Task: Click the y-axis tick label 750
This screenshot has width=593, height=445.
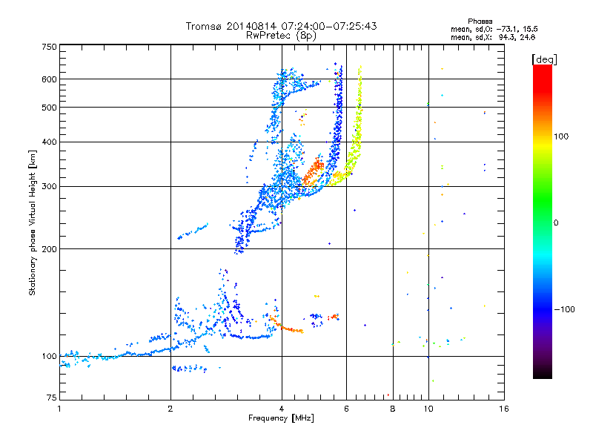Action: [49, 47]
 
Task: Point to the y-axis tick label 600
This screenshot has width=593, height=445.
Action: [49, 79]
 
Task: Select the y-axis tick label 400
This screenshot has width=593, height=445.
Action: [49, 142]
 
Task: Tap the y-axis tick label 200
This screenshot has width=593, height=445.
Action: [49, 248]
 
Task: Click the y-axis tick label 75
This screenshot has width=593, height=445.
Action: [51, 399]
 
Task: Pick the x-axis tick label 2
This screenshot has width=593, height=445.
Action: [170, 409]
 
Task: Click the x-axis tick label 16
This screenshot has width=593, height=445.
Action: [503, 409]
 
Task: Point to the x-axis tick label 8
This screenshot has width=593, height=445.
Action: [393, 409]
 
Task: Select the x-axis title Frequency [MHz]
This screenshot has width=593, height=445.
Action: [280, 418]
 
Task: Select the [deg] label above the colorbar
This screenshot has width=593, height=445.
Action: [544, 59]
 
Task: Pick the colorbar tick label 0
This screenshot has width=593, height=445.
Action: [558, 222]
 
